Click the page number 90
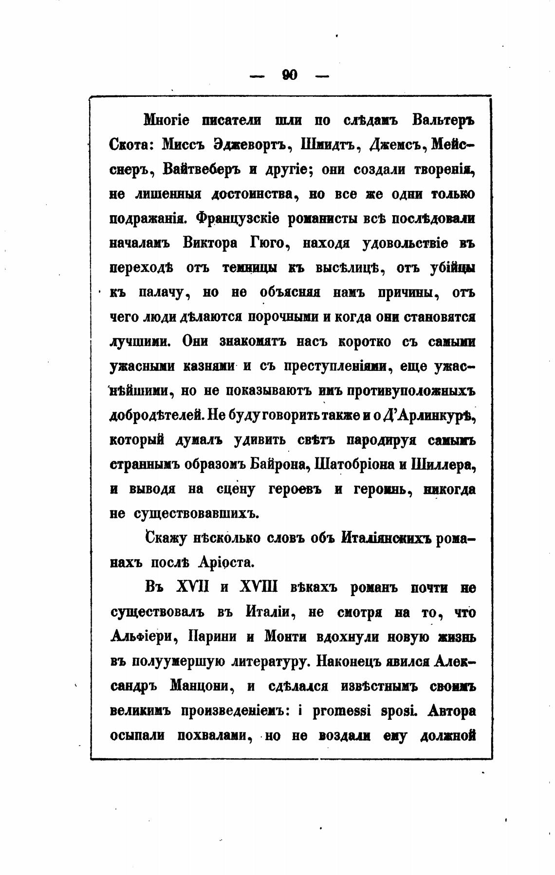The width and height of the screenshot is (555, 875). [x=290, y=75]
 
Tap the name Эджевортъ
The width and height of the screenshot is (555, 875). [x=252, y=145]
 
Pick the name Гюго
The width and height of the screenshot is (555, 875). [x=270, y=243]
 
